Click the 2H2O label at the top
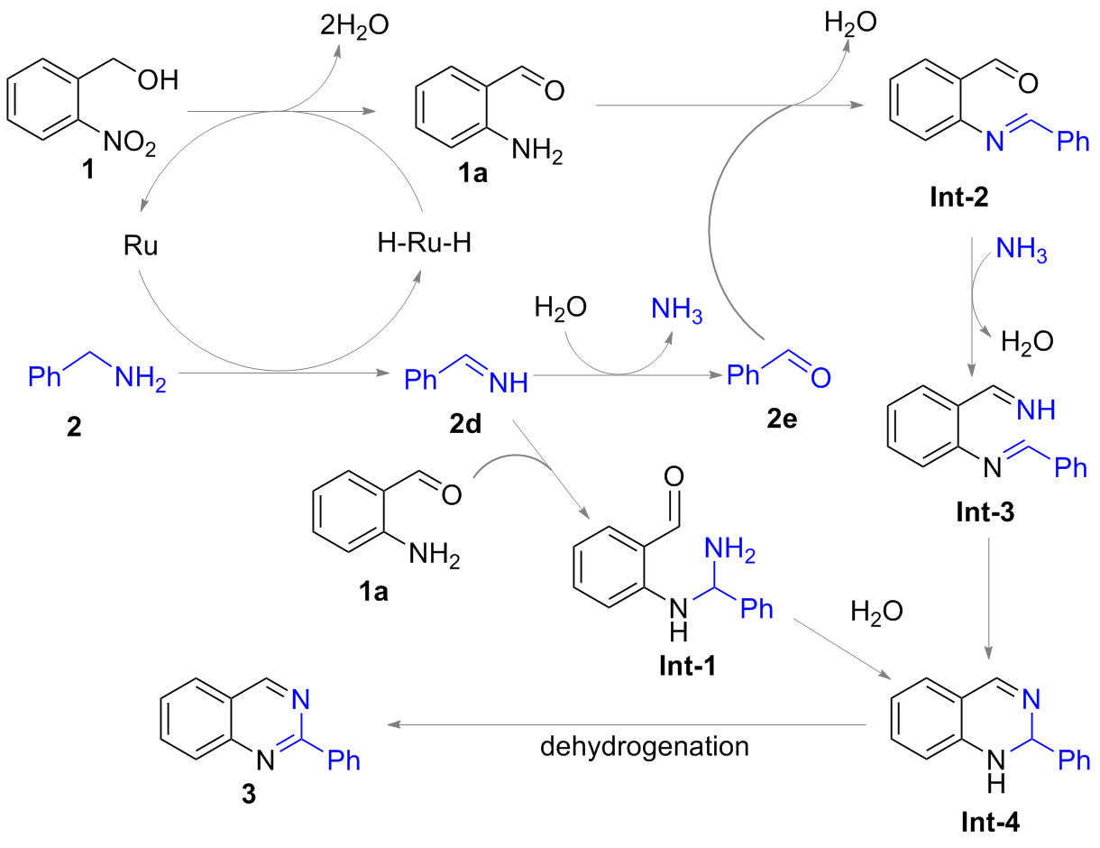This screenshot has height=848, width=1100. click(x=354, y=26)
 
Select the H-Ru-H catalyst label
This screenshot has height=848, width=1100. click(x=424, y=243)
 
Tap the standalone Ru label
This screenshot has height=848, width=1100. click(x=141, y=246)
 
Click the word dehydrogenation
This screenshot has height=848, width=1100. click(x=645, y=747)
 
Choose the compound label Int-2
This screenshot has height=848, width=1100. click(x=959, y=197)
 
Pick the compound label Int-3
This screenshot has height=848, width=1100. click(x=985, y=512)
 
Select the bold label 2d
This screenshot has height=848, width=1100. click(x=465, y=424)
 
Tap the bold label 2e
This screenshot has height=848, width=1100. click(x=782, y=419)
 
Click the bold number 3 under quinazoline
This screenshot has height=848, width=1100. click(x=249, y=795)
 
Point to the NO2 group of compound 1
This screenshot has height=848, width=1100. click(x=130, y=143)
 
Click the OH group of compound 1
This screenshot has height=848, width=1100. click(x=158, y=80)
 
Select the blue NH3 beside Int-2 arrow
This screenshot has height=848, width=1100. click(x=1022, y=251)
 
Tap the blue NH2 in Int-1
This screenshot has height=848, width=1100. click(x=730, y=551)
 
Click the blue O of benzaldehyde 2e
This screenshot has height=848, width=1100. click(x=820, y=378)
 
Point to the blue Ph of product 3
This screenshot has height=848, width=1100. click(x=344, y=760)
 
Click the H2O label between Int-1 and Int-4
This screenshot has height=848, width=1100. click(x=876, y=613)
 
